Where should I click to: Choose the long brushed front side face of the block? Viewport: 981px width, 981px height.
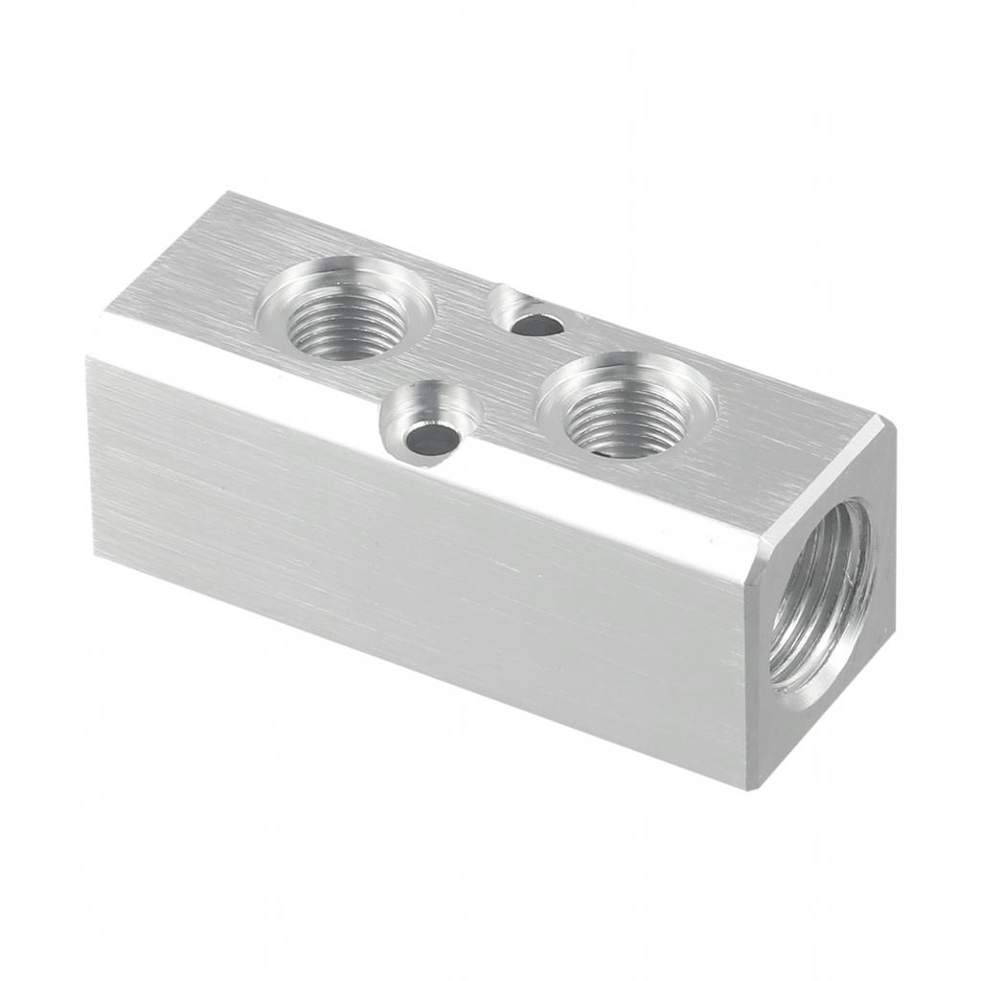coord(412,575)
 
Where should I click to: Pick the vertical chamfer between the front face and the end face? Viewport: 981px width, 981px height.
coord(757,661)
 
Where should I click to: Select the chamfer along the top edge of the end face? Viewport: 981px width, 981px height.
coord(824,479)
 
